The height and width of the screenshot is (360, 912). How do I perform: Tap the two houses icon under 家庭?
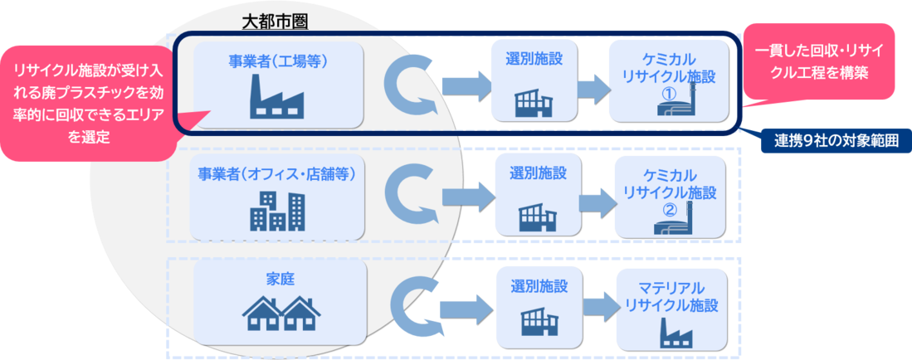point(280,314)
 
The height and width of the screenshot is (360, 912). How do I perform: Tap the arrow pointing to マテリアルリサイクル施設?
point(595,307)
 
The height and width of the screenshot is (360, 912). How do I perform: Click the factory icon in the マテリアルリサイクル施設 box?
point(672,331)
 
